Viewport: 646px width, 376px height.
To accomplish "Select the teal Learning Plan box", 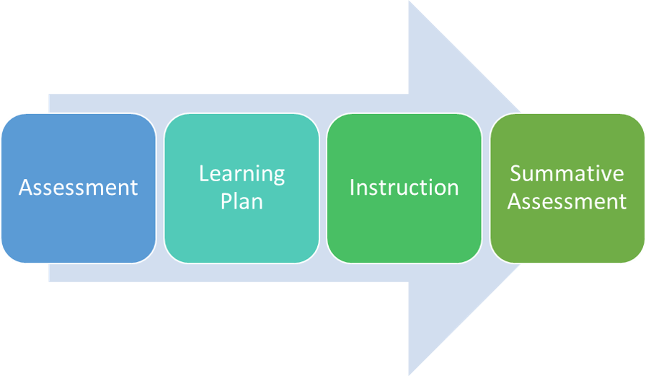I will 242,231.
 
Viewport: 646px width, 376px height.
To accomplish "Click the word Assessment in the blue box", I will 78,188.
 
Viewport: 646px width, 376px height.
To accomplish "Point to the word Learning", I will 242,174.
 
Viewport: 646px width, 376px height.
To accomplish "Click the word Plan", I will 242,201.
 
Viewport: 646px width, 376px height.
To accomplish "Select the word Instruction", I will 404,188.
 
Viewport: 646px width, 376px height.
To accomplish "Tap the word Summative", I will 567,174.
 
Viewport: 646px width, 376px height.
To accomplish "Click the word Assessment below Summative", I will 567,201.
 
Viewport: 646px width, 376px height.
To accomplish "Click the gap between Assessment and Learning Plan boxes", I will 160,188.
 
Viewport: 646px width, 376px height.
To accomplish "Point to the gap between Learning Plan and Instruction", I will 323,188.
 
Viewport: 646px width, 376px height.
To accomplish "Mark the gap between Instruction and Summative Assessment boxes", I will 486,188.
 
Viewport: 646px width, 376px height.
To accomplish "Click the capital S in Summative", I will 516,174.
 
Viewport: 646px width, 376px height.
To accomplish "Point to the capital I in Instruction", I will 353,188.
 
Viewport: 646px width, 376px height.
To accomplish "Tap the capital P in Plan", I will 226,201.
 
